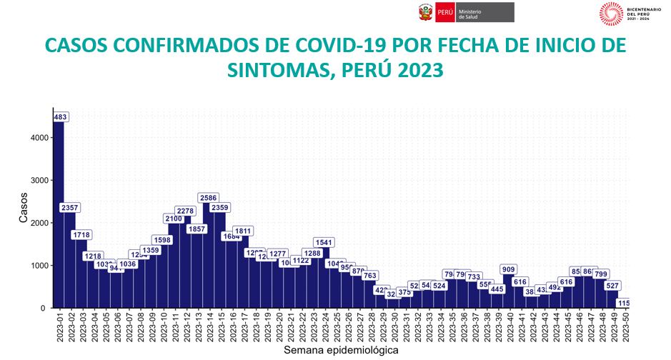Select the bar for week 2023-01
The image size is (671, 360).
59,214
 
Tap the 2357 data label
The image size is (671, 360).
70,208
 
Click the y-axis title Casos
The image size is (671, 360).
24,209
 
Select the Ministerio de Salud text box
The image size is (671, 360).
486,12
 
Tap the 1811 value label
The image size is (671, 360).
243,231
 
